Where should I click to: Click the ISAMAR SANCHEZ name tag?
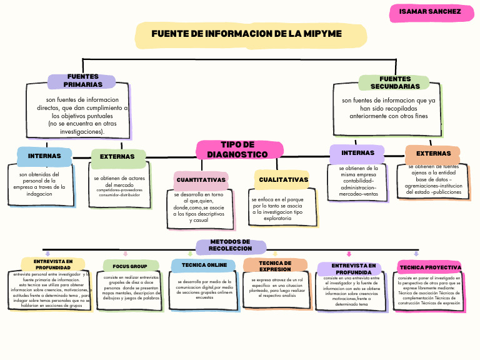coord(431,12)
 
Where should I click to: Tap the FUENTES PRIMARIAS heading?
coord(82,81)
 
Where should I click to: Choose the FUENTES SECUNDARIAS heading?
coord(394,82)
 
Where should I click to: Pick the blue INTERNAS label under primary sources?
coord(44,156)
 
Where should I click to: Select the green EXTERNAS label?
coord(117,157)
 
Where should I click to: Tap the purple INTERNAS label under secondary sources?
coord(357,153)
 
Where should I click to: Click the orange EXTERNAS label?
coord(433,153)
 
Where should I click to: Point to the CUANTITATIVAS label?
coord(201,180)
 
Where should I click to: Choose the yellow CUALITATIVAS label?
coord(283,180)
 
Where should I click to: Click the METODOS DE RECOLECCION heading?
coord(231,245)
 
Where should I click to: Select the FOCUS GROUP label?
coord(130,266)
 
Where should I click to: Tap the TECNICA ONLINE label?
coord(204,265)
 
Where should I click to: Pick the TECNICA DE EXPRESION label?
coord(275,266)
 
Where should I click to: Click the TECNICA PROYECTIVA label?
coord(429,267)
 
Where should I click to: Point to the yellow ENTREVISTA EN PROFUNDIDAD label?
coord(52,264)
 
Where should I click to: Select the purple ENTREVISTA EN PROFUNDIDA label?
coord(349,269)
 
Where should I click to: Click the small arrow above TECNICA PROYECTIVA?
coord(416,253)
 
